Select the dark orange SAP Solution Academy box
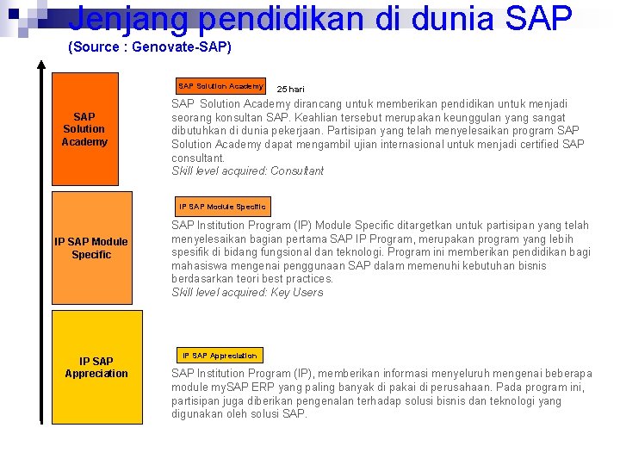pos(84,129)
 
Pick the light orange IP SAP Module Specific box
pos(91,247)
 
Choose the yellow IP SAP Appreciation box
pos(96,367)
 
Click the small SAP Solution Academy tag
pos(220,86)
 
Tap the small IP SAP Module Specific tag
pos(222,207)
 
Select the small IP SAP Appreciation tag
pos(219,355)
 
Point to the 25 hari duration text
pos(290,89)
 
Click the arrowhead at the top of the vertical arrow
pos(41,66)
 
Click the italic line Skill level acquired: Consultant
pos(247,171)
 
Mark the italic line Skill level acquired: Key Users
pos(247,293)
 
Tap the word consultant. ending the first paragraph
pos(198,158)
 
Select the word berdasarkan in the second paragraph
pos(203,279)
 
